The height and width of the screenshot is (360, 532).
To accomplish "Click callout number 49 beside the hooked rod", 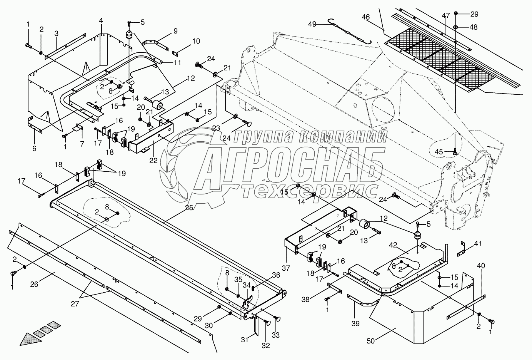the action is coord(312,24).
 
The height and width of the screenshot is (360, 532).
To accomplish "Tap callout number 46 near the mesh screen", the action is coord(366,17).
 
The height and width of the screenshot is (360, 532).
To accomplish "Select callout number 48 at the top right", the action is coord(474,27).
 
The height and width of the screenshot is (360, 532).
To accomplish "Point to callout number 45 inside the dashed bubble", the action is coord(439,151).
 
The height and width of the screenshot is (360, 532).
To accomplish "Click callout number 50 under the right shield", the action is coord(370,341).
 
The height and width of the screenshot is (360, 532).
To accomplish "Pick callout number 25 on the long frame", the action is coord(189,208).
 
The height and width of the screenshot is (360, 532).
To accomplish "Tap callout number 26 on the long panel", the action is coord(34,284).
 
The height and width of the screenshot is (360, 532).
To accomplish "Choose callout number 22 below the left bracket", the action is coord(153,161).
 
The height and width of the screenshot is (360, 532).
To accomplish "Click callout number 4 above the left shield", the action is coord(101,21).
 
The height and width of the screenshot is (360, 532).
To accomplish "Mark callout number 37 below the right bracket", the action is coord(286,268).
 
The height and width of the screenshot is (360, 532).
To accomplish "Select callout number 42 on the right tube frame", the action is coord(393,245).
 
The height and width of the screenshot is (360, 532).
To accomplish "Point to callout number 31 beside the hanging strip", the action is coord(245,340).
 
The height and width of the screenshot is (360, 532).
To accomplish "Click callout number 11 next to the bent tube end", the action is coord(177,62).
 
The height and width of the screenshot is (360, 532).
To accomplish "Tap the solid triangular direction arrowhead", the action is coord(31,340).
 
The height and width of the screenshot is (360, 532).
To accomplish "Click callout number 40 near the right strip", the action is coord(481,266).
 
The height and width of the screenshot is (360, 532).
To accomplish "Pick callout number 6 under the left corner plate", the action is coord(34,149).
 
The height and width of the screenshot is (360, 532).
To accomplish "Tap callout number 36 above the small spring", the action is coord(276,275).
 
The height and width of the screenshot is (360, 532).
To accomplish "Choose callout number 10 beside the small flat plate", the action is coord(196,41).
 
